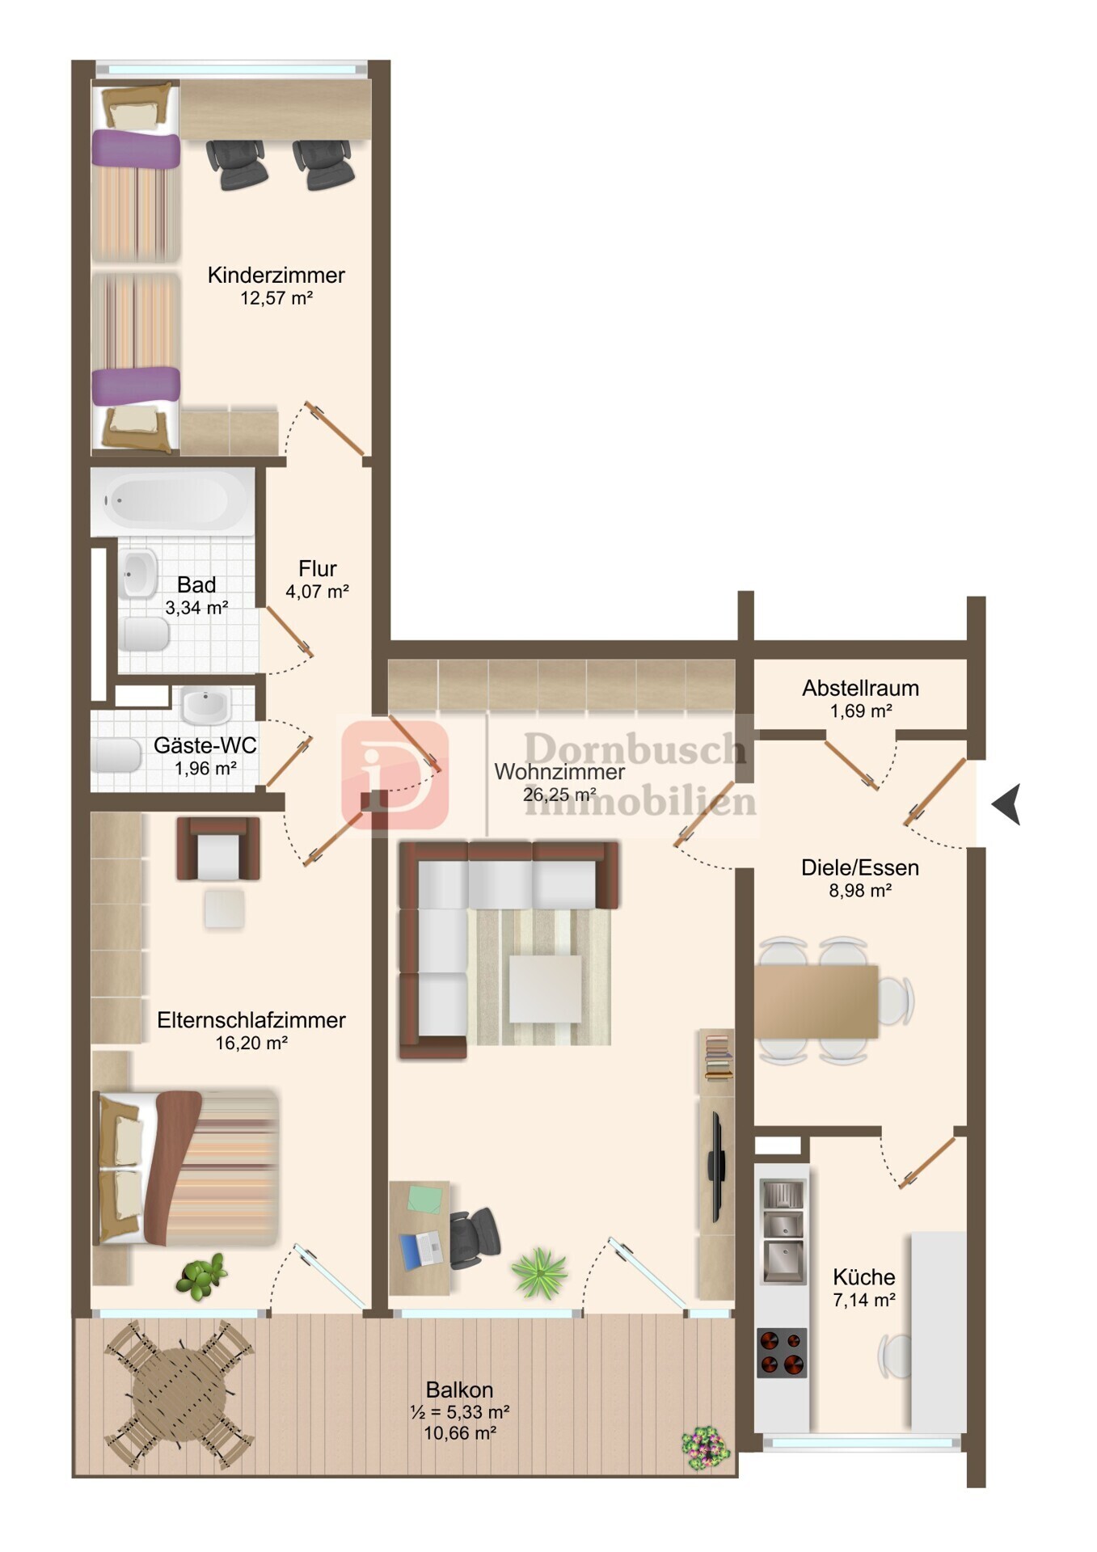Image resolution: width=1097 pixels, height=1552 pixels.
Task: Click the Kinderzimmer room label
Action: point(276,275)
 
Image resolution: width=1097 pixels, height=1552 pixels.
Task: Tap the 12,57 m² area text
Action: point(276,298)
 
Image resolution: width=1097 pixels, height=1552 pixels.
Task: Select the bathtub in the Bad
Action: point(172,501)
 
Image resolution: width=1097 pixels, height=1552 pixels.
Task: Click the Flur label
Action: point(317,568)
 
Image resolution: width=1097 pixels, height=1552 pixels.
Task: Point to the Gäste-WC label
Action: point(205,745)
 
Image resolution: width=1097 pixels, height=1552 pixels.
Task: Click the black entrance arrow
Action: point(1006,804)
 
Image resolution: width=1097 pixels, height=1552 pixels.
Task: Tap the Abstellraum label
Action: point(860,689)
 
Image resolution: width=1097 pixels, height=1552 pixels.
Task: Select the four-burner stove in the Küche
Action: point(782,1353)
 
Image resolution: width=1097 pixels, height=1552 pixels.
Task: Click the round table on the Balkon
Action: point(178,1394)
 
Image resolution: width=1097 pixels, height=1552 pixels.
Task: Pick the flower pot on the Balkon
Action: point(705,1447)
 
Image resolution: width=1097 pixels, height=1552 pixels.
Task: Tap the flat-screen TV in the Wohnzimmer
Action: point(716,1166)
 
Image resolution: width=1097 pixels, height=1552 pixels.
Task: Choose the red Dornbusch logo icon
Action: point(394,775)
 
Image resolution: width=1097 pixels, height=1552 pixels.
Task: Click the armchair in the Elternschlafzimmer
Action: point(218,849)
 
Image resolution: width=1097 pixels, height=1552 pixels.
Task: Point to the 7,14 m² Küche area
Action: point(863,1301)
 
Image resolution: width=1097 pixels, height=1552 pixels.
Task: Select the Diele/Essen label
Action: point(859,868)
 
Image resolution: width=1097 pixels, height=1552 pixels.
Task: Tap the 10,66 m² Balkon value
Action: point(459,1433)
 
